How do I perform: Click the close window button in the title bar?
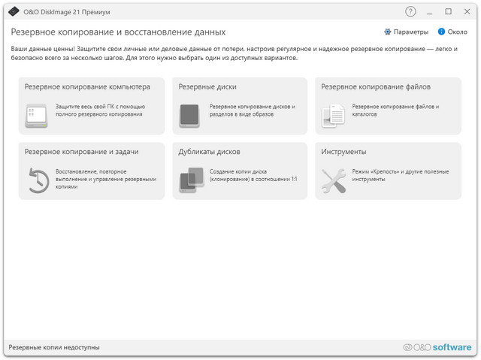467,11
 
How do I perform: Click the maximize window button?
449,11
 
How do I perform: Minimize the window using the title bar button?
430,11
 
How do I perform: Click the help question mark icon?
410,11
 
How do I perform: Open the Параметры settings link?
405,32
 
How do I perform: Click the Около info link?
452,32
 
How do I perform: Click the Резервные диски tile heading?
207,86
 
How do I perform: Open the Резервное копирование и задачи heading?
81,151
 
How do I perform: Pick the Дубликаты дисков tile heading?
209,151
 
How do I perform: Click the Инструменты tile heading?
343,151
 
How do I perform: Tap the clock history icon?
38,181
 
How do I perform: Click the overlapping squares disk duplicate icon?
191,180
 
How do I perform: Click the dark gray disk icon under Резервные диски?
189,116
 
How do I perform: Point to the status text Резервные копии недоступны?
54,347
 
